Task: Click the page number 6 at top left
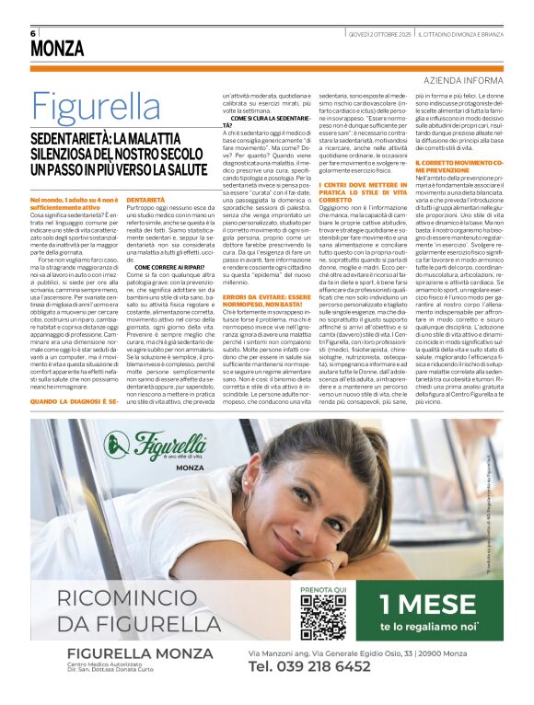33,32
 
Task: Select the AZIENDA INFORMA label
464,80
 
